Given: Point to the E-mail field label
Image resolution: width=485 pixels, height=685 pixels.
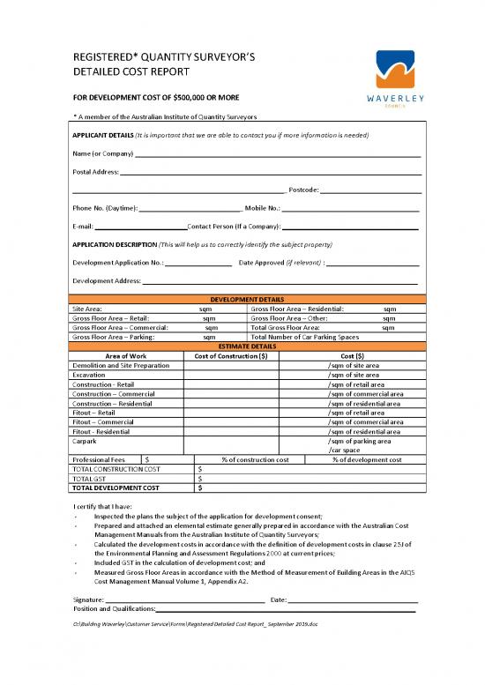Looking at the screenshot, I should [x=82, y=227].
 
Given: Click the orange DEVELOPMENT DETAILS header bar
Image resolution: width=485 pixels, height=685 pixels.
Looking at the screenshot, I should [x=246, y=300].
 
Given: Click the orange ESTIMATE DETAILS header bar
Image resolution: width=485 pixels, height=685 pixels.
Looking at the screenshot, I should [x=246, y=346].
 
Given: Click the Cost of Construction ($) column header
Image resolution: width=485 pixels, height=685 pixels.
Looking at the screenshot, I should [x=242, y=355].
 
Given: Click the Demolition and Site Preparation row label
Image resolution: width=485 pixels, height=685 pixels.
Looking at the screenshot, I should [x=119, y=365].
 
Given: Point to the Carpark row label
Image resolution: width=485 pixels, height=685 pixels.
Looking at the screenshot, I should [x=85, y=441].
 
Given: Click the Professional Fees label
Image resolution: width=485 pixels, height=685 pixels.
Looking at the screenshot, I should [x=99, y=459].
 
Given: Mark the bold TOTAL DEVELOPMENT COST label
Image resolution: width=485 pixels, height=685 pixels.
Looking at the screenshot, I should [x=116, y=488].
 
